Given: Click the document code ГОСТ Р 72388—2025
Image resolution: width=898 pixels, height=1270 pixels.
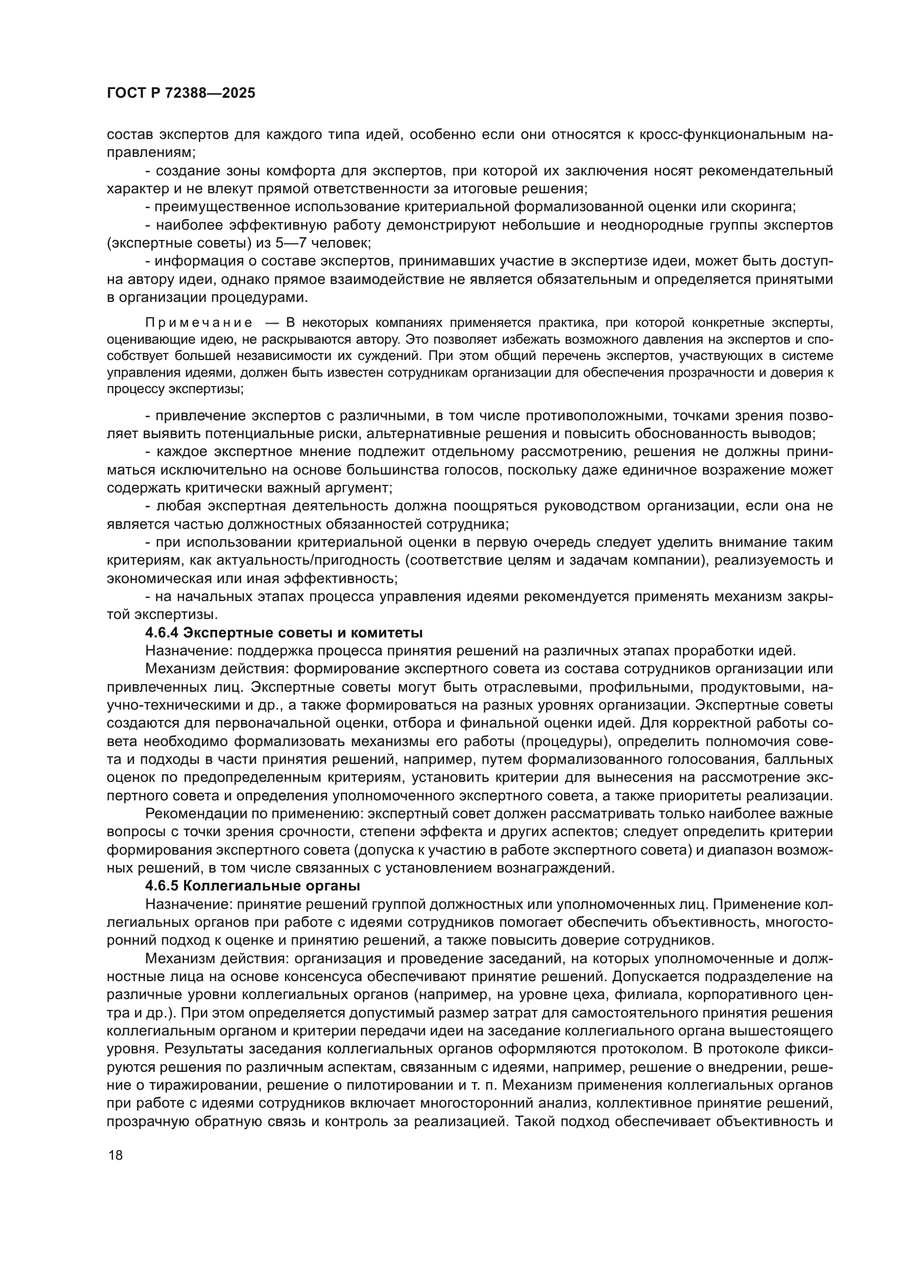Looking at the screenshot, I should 181,93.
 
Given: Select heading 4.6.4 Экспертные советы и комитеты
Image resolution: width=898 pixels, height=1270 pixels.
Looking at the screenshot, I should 283,632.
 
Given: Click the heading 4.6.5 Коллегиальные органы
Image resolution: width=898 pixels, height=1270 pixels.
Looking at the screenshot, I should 252,886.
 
